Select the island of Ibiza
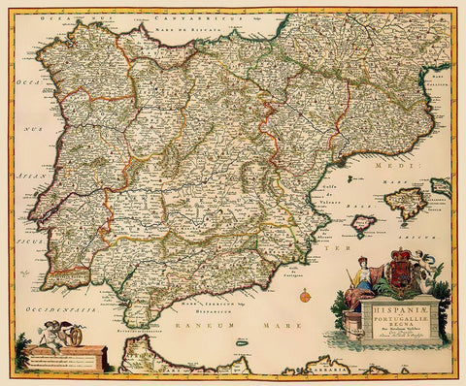[x=362, y=227]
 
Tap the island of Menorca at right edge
[x=442, y=186]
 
